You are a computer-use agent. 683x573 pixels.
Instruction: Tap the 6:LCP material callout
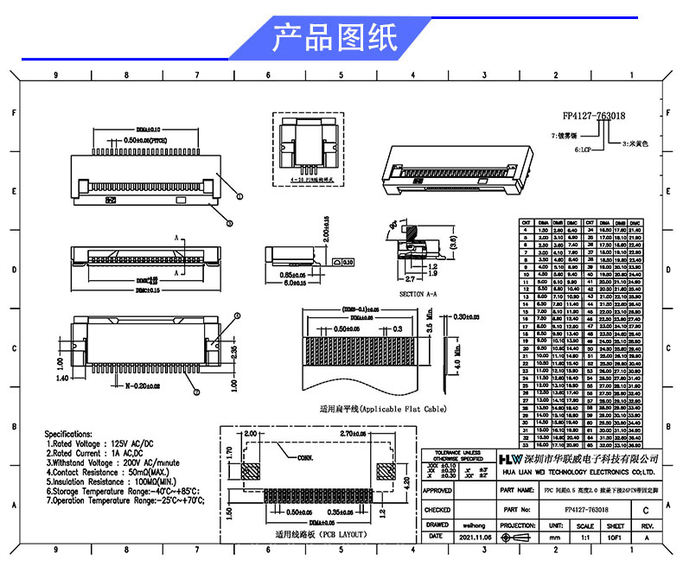(x=585, y=150)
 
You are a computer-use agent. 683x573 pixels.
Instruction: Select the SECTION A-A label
(x=423, y=294)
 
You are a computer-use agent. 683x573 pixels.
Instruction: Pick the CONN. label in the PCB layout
(x=308, y=457)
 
